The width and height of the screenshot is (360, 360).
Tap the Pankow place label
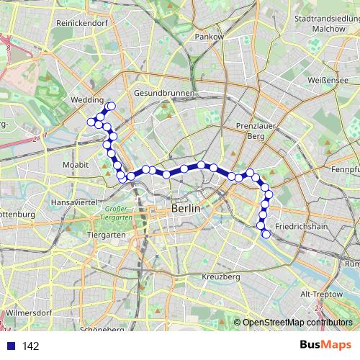click(210, 36)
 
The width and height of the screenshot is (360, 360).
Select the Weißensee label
click(328, 81)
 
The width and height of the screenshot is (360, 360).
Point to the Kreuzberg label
click(221, 276)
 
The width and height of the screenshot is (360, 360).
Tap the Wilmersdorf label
click(30, 313)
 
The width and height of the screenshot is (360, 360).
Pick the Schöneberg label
click(103, 330)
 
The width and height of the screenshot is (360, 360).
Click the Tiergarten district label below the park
click(106, 235)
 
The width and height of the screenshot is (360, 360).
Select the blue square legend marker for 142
click(9, 346)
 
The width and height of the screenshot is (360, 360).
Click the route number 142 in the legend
click(30, 346)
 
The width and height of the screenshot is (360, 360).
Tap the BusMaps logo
click(325, 346)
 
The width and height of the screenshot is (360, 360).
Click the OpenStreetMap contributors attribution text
click(297, 323)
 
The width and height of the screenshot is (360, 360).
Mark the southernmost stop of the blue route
click(266, 233)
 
